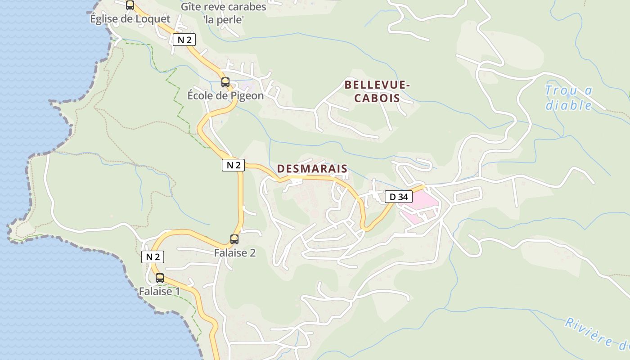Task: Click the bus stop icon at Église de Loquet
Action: coord(130,5)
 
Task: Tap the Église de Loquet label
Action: coord(130,19)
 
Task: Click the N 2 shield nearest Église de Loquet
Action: coord(184,40)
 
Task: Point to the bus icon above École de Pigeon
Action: coord(225,82)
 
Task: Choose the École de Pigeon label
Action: coord(225,96)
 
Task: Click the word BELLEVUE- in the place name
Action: coord(377,85)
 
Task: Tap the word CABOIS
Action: coord(377,98)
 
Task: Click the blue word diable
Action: coord(568,105)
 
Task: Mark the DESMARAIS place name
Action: coord(312,169)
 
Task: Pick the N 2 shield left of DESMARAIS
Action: coord(233,165)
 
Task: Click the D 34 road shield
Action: coord(398,197)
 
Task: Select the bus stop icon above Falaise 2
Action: coord(234,239)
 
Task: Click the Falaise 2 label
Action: coord(234,253)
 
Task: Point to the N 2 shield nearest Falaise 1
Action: coord(153,257)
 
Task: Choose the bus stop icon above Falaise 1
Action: coord(160,278)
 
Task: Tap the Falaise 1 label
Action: coord(159,292)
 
